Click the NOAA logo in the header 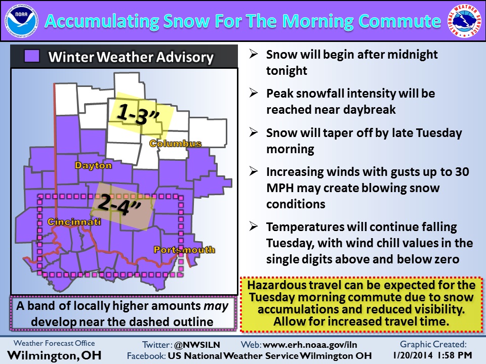pos(21,21)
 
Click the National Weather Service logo pos(464,21)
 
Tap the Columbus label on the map pos(176,143)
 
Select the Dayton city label pos(93,165)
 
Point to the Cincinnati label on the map pos(74,221)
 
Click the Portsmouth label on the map pos(184,249)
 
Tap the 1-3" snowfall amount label pos(138,114)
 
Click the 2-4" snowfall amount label pos(119,205)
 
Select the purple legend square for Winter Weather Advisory pos(32,56)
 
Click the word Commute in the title pos(399,21)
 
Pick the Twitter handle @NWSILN pos(197,345)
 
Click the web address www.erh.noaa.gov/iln pos(310,345)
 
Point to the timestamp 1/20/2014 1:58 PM pos(432,355)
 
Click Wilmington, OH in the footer pos(54,355)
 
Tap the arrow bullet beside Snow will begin pos(254,54)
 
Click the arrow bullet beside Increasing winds pos(254,171)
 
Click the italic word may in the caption pos(216,306)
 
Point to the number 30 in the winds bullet pos(462,172)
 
